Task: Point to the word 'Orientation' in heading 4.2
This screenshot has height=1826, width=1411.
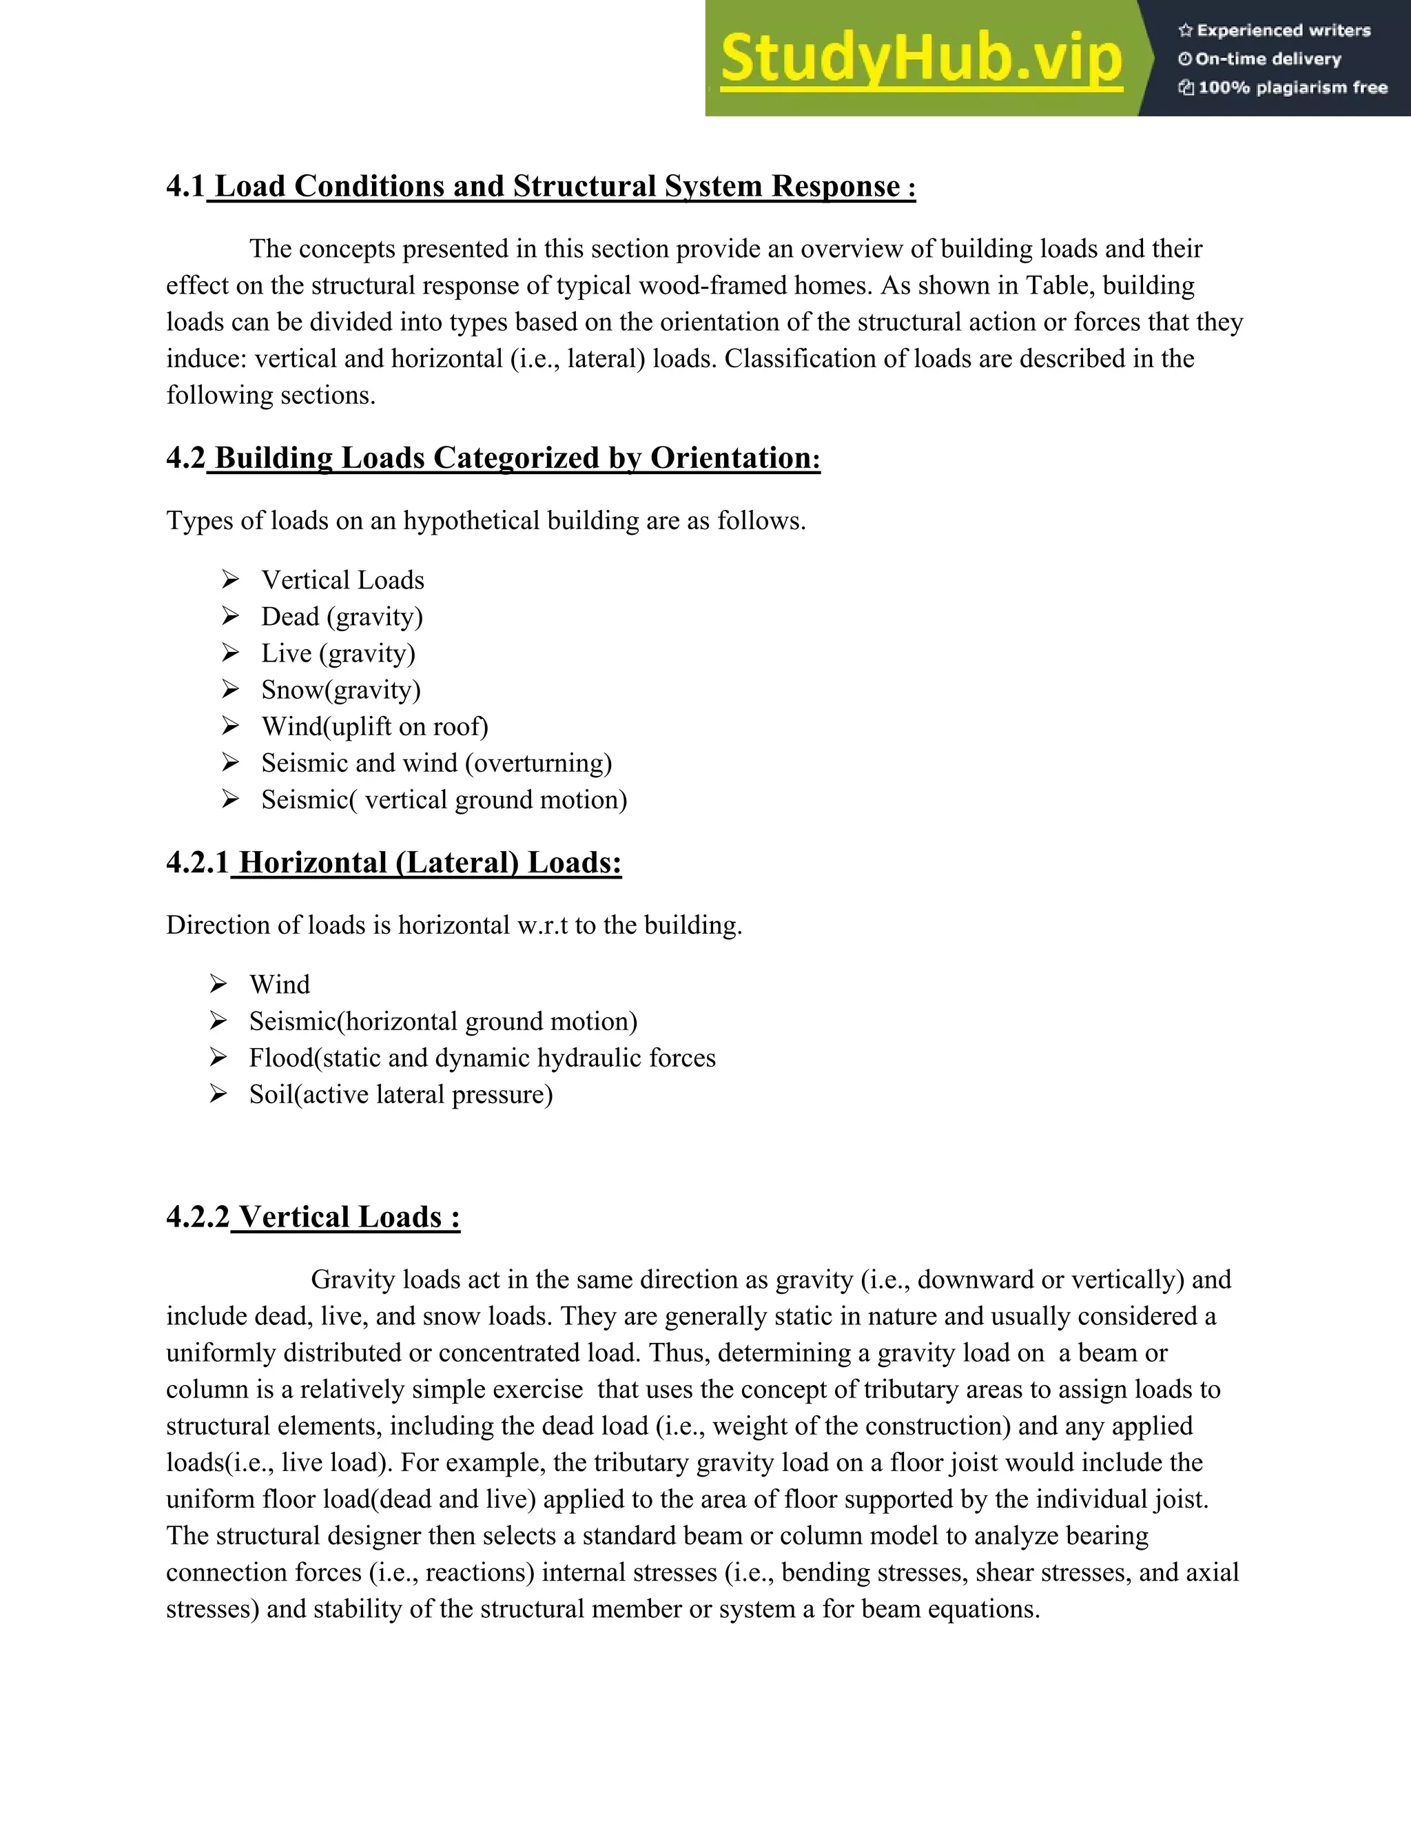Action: pos(730,458)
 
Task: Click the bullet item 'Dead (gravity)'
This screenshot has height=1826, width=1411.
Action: pos(342,617)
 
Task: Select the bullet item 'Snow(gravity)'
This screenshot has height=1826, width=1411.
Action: pos(341,690)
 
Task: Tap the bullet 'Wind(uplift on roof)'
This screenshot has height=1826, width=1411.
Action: pos(375,726)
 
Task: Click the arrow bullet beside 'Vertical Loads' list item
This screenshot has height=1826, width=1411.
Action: pos(231,579)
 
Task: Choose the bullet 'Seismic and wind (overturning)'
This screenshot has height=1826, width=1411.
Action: pos(436,763)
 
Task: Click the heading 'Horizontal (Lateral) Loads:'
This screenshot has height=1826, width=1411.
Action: pos(430,863)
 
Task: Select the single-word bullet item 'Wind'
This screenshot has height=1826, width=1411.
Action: pos(279,985)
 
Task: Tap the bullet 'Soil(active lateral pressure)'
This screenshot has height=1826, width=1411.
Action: pos(400,1094)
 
